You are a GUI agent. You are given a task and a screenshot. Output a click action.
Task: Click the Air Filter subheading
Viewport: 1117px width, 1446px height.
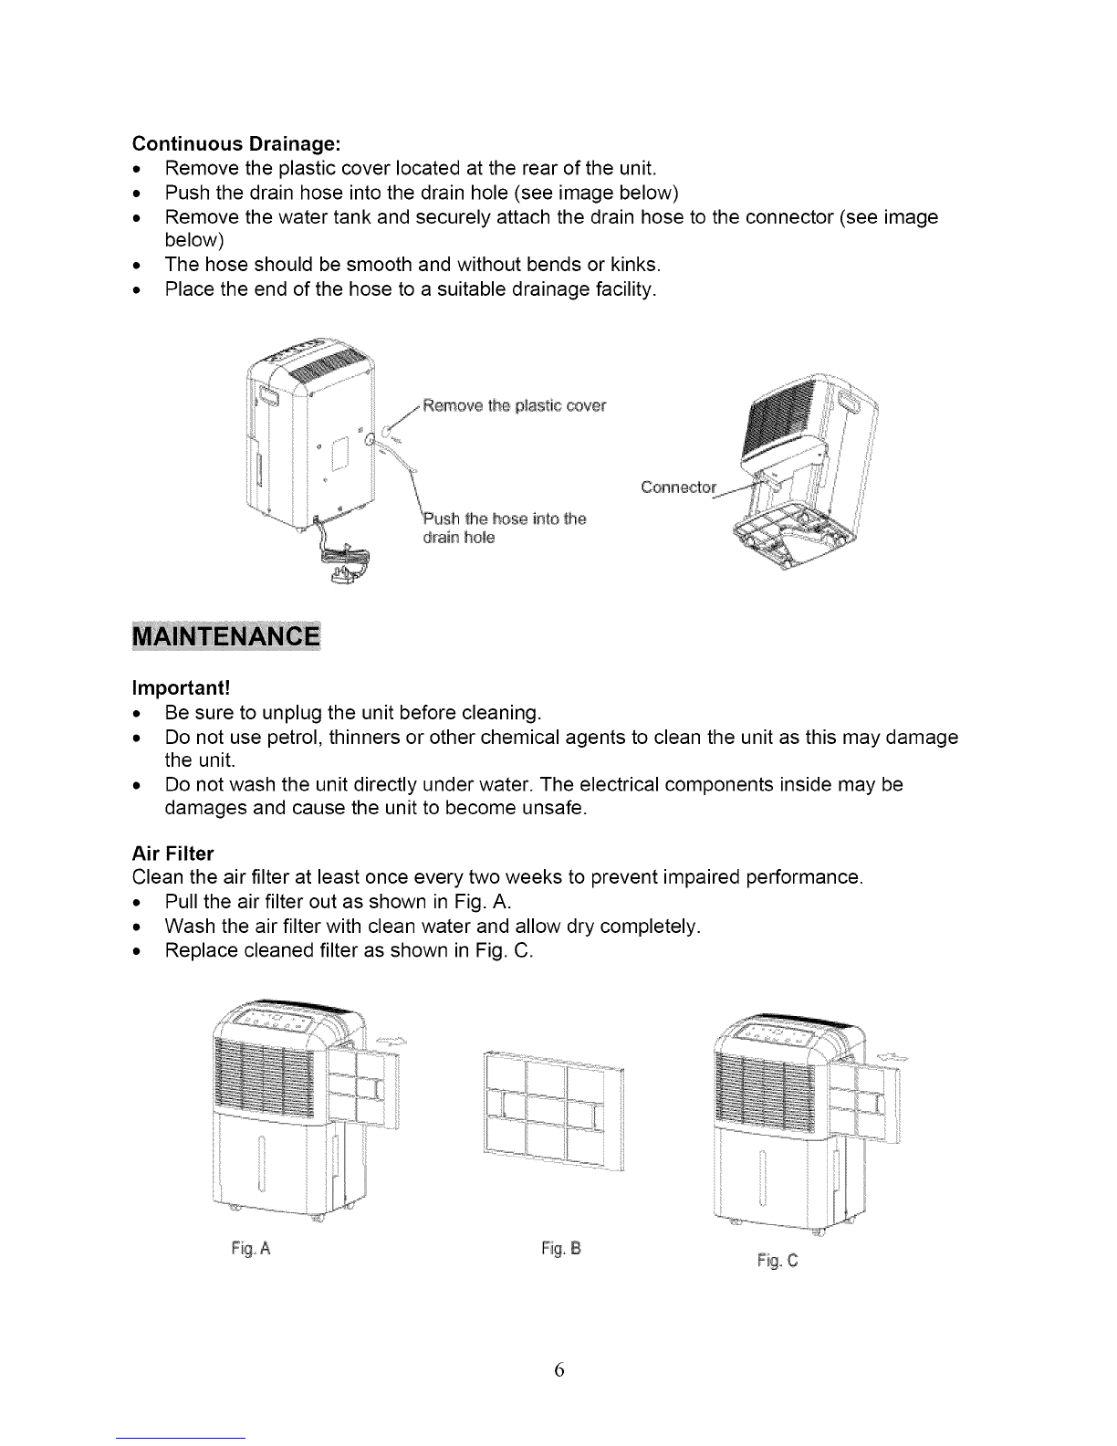172,854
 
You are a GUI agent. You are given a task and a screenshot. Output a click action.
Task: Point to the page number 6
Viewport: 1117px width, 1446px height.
559,1370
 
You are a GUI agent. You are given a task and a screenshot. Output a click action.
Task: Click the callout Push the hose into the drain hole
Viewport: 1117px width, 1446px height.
503,528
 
